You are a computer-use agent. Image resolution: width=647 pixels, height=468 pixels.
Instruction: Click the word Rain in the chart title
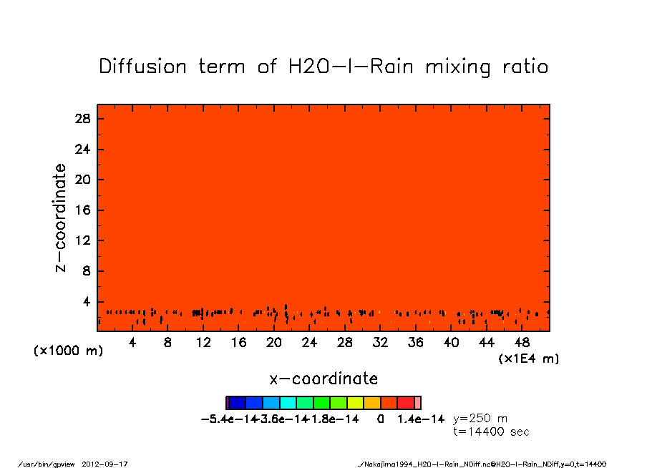tap(390, 67)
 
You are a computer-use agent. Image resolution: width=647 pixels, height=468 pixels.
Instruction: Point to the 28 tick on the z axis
tap(82, 119)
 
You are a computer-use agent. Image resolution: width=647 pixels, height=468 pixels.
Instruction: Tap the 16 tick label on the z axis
tap(82, 210)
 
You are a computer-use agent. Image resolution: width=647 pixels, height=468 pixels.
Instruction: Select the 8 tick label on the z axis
tap(86, 271)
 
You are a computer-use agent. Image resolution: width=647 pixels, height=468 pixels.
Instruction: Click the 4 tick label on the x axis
tap(132, 343)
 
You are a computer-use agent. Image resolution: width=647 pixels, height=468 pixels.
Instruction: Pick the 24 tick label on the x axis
tap(309, 343)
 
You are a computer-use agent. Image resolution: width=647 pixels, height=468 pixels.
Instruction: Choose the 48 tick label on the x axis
tap(522, 343)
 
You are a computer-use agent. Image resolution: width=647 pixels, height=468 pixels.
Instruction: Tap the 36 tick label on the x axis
tap(415, 343)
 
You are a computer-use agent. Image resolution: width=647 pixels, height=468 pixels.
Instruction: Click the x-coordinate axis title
tap(323, 378)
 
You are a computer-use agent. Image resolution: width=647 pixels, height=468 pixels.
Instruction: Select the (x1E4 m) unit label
tap(529, 358)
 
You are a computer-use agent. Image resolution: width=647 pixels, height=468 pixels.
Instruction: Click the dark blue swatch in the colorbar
tap(237, 403)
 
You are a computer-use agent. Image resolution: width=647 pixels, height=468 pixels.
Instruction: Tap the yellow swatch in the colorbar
tap(356, 403)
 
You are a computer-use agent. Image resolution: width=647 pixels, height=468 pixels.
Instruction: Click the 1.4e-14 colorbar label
tap(421, 418)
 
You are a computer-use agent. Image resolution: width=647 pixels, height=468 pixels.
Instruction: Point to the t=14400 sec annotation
tap(491, 432)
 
